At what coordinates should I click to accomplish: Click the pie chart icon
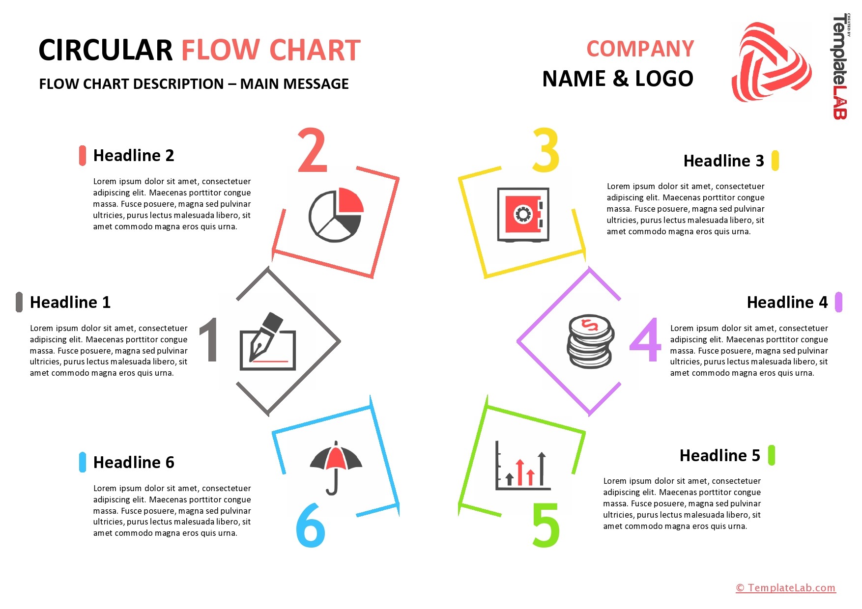click(x=336, y=215)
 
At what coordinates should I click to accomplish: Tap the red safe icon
click(x=523, y=214)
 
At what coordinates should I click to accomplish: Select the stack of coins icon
click(x=591, y=341)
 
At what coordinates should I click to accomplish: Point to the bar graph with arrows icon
click(x=522, y=465)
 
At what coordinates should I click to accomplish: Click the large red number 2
click(x=312, y=150)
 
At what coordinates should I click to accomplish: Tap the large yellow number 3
click(x=546, y=150)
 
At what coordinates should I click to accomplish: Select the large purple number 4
click(x=645, y=339)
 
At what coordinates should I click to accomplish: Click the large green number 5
click(x=546, y=525)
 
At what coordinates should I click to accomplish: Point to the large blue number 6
click(x=311, y=525)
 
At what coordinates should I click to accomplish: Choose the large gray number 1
click(x=209, y=339)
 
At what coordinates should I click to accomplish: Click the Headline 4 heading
click(x=787, y=302)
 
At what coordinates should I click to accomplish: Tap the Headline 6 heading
click(x=134, y=462)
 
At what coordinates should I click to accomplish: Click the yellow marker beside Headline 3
click(x=776, y=161)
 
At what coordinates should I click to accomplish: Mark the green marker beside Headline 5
click(x=772, y=455)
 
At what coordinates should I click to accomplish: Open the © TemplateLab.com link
click(x=785, y=588)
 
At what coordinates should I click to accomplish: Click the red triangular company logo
click(x=771, y=62)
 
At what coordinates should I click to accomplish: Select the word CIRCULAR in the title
click(x=106, y=50)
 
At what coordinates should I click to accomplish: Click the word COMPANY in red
click(x=640, y=49)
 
